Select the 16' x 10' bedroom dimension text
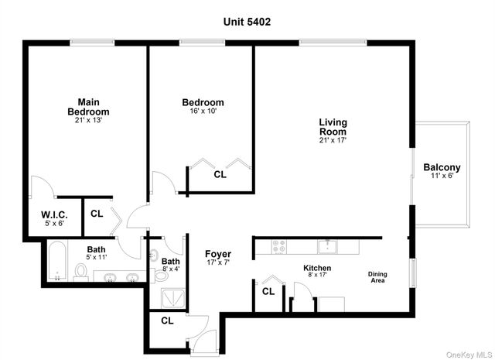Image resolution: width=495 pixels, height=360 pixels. pyautogui.click(x=203, y=111)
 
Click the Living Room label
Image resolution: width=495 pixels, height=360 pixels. pyautogui.click(x=333, y=127)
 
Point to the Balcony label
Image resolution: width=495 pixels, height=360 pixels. pyautogui.click(x=442, y=167)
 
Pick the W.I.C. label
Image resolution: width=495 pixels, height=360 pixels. pyautogui.click(x=55, y=215)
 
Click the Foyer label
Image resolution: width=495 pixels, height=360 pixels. pyautogui.click(x=217, y=254)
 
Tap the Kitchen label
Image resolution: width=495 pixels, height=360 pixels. pyautogui.click(x=316, y=268)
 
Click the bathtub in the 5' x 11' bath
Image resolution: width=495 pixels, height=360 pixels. pyautogui.click(x=57, y=261)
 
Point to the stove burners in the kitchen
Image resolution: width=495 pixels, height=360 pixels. pyautogui.click(x=279, y=247)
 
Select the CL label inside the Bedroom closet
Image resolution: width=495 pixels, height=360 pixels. pyautogui.click(x=220, y=175)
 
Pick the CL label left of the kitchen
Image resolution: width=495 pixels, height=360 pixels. pyautogui.click(x=268, y=292)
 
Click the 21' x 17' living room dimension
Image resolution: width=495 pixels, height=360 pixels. pyautogui.click(x=333, y=140)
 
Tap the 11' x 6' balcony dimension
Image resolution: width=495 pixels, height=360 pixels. pyautogui.click(x=442, y=177)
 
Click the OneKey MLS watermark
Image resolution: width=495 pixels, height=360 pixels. pyautogui.click(x=468, y=354)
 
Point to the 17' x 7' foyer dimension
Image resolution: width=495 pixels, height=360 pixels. pyautogui.click(x=217, y=262)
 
